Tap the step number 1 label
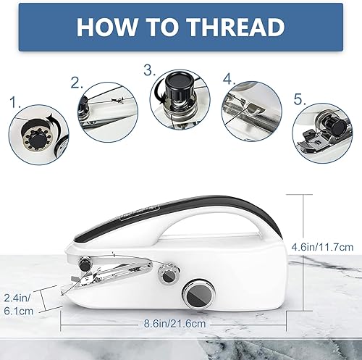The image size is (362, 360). pyautogui.click(x=15, y=102)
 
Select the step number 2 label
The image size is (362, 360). pyautogui.click(x=77, y=83)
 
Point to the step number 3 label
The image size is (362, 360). pyautogui.click(x=150, y=70)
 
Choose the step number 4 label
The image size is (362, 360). pyautogui.click(x=230, y=79)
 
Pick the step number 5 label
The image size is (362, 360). pyautogui.click(x=300, y=99)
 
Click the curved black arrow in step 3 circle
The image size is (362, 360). pyautogui.click(x=159, y=93)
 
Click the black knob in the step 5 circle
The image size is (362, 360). pyautogui.click(x=335, y=125)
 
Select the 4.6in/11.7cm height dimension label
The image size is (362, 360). pyautogui.click(x=322, y=247)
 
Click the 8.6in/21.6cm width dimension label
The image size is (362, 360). pyautogui.click(x=174, y=324)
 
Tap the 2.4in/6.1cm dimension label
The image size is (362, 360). pyautogui.click(x=18, y=304)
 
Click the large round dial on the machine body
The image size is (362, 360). pyautogui.click(x=198, y=294)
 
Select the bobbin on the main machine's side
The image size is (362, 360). pyautogui.click(x=169, y=275)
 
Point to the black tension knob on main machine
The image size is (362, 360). pyautogui.click(x=85, y=264)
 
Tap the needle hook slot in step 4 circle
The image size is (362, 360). pyautogui.click(x=256, y=107)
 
